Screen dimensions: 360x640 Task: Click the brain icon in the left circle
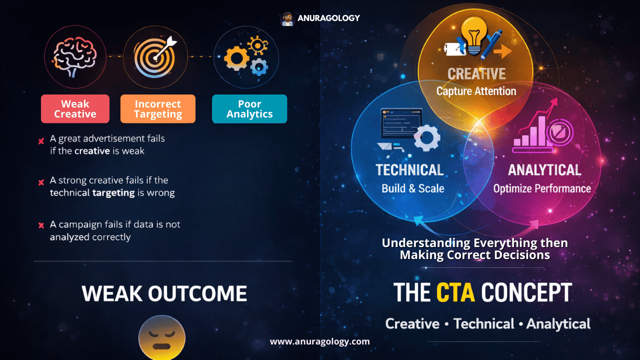pyautogui.click(x=75, y=57)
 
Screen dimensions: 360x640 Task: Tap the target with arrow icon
pyautogui.click(x=155, y=57)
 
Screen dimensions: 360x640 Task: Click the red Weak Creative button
pyautogui.click(x=75, y=109)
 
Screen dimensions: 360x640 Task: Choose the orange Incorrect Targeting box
pyautogui.click(x=158, y=109)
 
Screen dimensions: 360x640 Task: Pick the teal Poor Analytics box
pyautogui.click(x=249, y=109)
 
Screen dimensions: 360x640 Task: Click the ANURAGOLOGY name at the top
pyautogui.click(x=328, y=18)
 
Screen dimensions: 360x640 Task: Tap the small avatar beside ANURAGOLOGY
pyautogui.click(x=287, y=19)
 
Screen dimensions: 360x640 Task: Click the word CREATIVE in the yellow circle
pyautogui.click(x=476, y=74)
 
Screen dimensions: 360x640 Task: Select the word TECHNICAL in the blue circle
pyautogui.click(x=409, y=170)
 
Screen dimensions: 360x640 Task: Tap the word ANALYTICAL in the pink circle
pyautogui.click(x=544, y=170)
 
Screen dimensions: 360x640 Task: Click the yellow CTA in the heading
pyautogui.click(x=455, y=293)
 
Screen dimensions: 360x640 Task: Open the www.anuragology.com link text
pyautogui.click(x=320, y=342)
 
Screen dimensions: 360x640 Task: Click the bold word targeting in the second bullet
pyautogui.click(x=113, y=192)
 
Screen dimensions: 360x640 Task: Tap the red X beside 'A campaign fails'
pyautogui.click(x=41, y=225)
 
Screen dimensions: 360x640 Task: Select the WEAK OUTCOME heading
pyautogui.click(x=164, y=294)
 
